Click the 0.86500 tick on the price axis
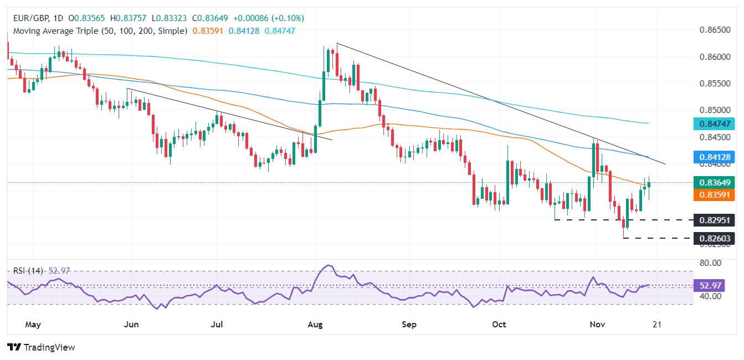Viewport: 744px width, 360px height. pos(715,29)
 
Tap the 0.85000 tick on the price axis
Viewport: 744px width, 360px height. pos(715,111)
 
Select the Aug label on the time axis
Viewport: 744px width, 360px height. pos(315,323)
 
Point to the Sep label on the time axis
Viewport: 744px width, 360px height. pos(409,323)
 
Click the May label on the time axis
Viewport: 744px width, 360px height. pos(33,323)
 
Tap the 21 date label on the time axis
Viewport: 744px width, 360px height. pos(657,323)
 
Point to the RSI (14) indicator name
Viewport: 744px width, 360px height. pos(27,271)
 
